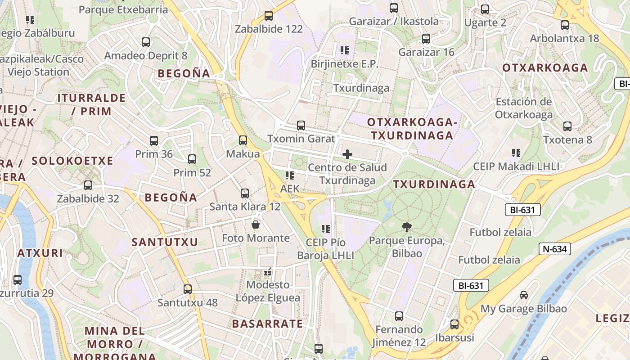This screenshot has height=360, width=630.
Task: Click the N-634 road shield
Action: (555, 249)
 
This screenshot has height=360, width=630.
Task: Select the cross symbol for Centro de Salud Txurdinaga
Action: (347, 154)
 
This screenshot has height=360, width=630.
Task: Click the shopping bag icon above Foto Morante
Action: (256, 224)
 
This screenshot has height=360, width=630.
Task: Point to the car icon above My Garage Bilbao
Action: (523, 295)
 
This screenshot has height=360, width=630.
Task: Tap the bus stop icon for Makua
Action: (243, 140)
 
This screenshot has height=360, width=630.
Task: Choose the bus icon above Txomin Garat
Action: (301, 126)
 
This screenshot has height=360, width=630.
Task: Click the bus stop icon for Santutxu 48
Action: (188, 289)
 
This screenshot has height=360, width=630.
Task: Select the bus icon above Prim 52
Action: (192, 159)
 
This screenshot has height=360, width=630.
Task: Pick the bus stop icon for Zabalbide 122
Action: (269, 15)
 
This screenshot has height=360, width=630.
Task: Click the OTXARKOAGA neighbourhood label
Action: (545, 68)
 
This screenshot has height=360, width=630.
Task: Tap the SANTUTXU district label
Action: (165, 242)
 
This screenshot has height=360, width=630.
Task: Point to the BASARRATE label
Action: (267, 324)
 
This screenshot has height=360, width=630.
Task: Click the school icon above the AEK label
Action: (289, 175)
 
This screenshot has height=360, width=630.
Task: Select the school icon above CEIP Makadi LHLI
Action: (516, 153)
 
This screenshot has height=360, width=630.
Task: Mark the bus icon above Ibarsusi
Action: (454, 324)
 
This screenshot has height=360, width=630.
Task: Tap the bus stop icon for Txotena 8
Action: (567, 126)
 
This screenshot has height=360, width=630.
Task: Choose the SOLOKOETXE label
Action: (72, 161)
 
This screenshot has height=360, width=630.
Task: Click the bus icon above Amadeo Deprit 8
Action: (146, 42)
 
